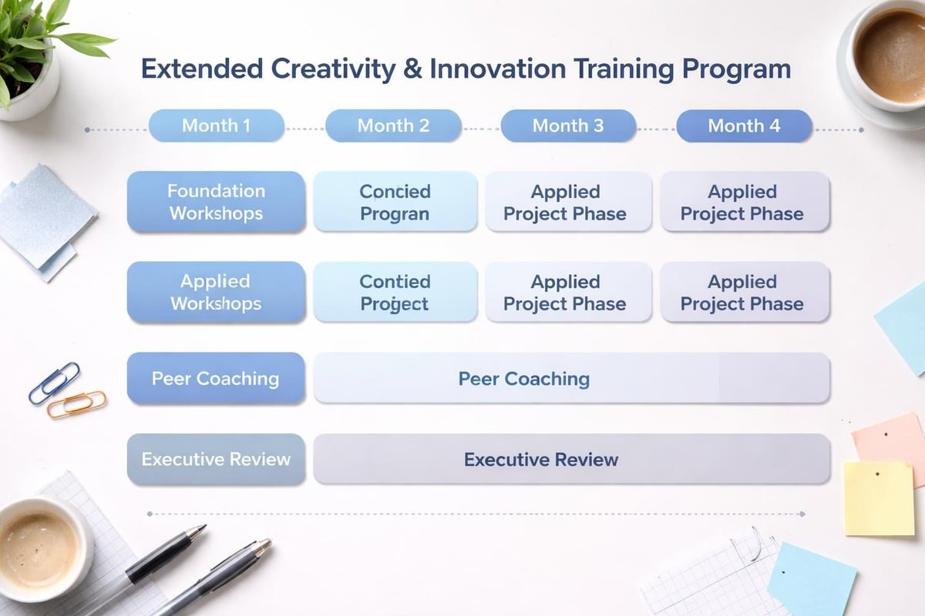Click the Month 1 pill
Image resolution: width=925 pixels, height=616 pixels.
[x=216, y=126]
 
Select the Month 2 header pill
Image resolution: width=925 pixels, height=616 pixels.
[x=393, y=126]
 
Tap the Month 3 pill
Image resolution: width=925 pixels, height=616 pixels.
[x=568, y=126]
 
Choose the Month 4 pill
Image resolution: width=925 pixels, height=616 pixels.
[x=744, y=126]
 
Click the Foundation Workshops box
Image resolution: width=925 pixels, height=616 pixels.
[x=216, y=202]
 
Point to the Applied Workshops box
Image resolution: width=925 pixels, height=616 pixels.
[x=216, y=292]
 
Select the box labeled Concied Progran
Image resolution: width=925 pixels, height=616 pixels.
[x=395, y=202]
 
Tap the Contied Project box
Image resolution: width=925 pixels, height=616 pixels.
[x=395, y=292]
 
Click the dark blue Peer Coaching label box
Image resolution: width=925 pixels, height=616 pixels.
[x=216, y=378]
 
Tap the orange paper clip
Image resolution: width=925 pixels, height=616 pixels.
[x=76, y=403]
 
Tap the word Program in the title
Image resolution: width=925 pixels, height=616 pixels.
[x=737, y=69]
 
